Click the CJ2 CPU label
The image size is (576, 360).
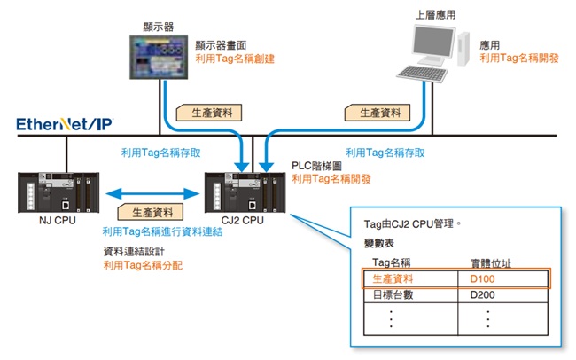tap(243, 219)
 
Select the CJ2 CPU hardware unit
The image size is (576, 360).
tap(243, 190)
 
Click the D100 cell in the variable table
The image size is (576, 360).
tap(483, 278)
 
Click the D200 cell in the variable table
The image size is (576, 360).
tap(483, 295)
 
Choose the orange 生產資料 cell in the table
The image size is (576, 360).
tap(393, 278)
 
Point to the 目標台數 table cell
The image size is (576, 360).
tap(393, 295)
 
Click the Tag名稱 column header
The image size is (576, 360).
tap(393, 262)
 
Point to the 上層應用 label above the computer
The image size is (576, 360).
tap(436, 12)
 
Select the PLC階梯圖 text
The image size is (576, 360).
tap(320, 166)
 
